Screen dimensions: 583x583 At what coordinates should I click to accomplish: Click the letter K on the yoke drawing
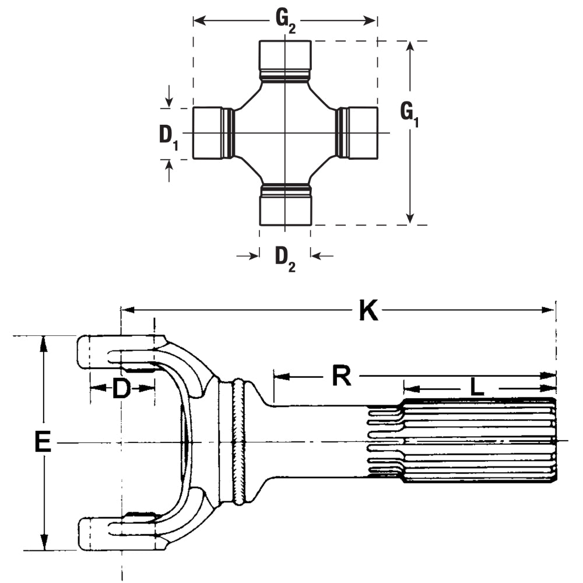click(368, 311)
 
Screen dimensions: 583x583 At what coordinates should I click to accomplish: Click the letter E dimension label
click(42, 442)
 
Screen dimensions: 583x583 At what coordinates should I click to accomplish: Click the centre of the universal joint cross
click(285, 133)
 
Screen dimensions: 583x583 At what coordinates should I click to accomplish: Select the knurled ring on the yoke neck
click(239, 442)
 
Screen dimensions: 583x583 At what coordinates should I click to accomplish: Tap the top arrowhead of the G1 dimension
click(411, 47)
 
